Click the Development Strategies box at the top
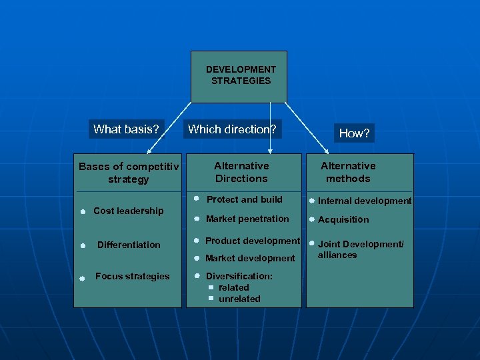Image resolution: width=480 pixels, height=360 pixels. coord(239,75)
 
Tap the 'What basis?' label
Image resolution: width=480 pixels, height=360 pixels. coord(126,129)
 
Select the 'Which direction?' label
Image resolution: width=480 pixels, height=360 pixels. coord(232,129)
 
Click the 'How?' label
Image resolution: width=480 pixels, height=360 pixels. coord(354,133)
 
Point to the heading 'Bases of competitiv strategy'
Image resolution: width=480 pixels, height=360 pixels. coord(129,173)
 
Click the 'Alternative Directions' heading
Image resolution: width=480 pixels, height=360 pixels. coord(241,172)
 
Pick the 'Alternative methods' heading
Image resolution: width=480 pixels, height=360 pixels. coord(348,172)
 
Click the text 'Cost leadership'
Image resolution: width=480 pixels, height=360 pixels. coord(128,211)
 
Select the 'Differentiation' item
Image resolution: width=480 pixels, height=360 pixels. coord(129,245)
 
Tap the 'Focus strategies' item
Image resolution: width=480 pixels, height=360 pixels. coord(132,276)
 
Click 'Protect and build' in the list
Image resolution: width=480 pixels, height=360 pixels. coord(244,199)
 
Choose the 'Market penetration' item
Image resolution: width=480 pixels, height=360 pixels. coord(247,219)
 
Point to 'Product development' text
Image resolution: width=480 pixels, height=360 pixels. coord(253,241)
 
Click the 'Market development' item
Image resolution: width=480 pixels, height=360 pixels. coord(250,258)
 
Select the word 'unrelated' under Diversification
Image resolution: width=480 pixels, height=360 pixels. coord(239,299)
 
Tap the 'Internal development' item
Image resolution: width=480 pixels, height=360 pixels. coord(365,201)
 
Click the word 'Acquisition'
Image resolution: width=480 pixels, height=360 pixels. coord(343,219)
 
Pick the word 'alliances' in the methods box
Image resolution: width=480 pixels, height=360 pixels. coord(337,255)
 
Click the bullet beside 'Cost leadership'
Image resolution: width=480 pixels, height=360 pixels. coord(81,212)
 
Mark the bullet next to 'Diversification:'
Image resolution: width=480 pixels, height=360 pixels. coord(197,276)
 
